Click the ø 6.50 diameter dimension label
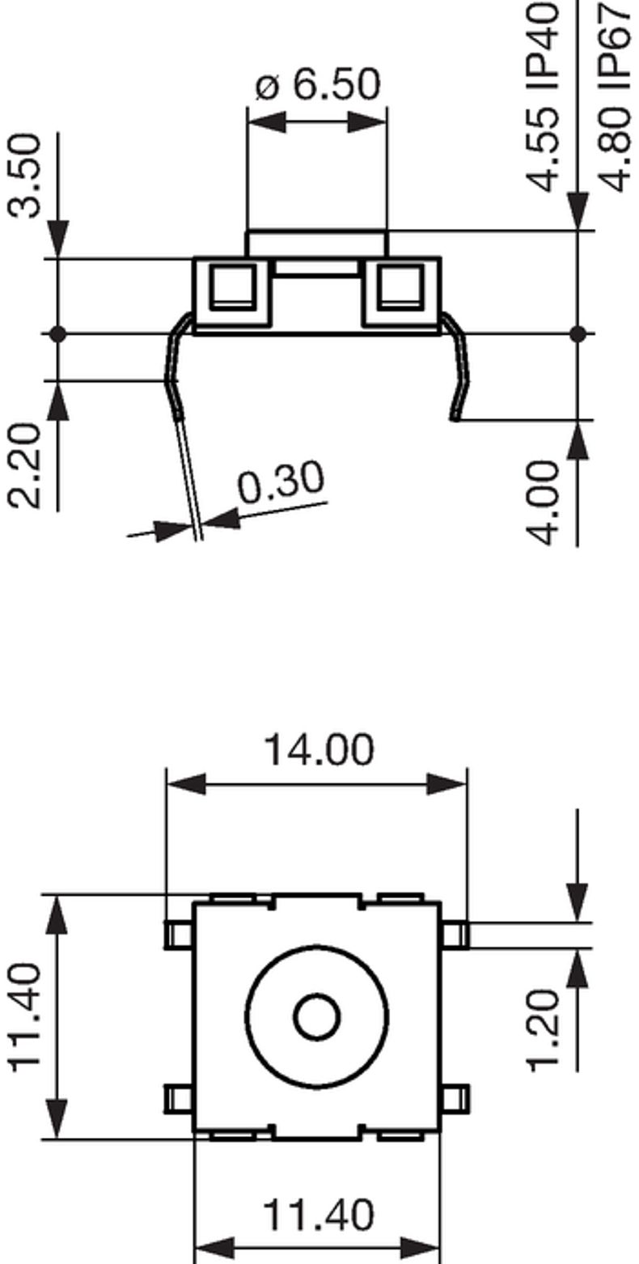(x=317, y=84)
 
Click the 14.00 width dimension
(x=318, y=749)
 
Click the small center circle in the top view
(x=317, y=1017)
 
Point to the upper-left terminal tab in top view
(x=179, y=935)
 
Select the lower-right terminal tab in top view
(x=455, y=1098)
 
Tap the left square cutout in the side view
(x=232, y=286)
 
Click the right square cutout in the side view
(x=401, y=286)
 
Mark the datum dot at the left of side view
(x=57, y=333)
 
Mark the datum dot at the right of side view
(x=578, y=333)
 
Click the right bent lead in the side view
(x=457, y=368)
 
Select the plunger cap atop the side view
(x=317, y=244)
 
